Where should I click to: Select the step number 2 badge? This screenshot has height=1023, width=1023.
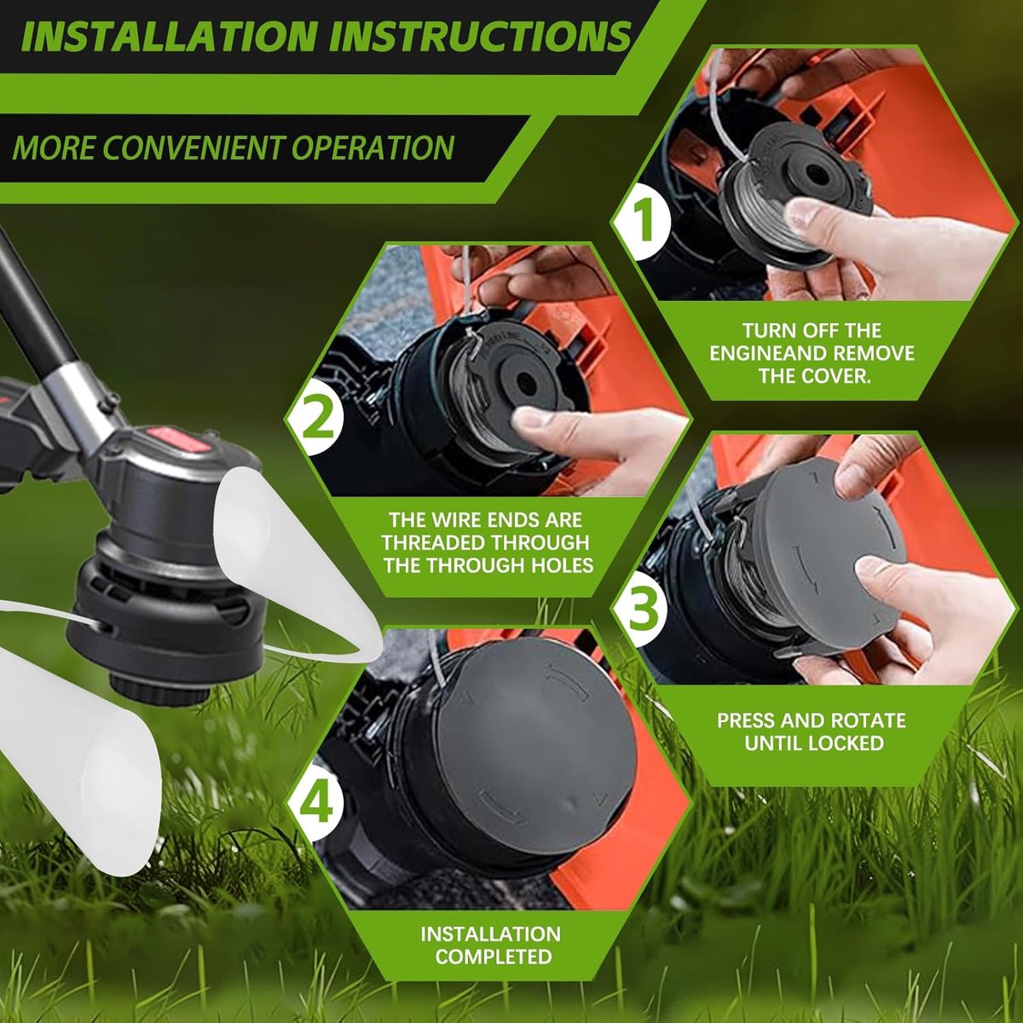pyautogui.click(x=318, y=417)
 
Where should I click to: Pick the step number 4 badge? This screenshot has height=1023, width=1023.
pyautogui.click(x=317, y=803)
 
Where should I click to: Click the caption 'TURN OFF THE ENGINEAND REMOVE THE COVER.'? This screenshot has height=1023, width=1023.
pyautogui.click(x=812, y=353)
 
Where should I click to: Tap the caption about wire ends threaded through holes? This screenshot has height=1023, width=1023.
pyautogui.click(x=486, y=542)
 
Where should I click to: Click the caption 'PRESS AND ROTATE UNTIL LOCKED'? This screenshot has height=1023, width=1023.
pyautogui.click(x=812, y=731)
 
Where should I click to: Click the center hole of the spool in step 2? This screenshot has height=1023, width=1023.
pyautogui.click(x=527, y=381)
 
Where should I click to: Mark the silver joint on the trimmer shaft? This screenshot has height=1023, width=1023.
pyautogui.click(x=78, y=396)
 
